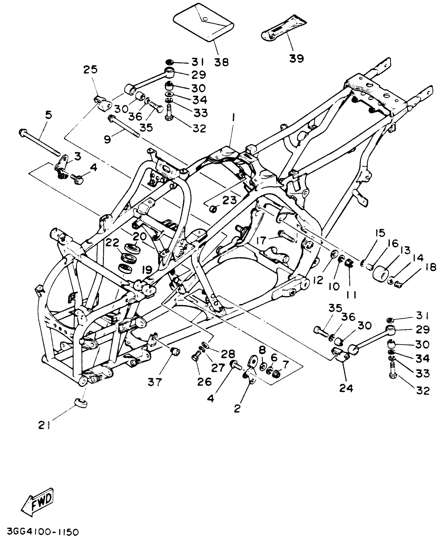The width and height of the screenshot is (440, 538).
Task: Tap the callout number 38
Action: tap(222, 62)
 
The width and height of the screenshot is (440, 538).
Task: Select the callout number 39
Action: tap(297, 58)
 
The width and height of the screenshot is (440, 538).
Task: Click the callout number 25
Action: tap(91, 70)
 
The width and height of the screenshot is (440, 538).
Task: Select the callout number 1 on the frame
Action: tap(233, 119)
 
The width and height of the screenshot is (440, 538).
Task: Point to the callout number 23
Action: tap(229, 200)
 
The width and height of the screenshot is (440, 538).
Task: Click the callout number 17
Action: tap(261, 241)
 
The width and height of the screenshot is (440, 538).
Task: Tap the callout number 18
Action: tap(430, 268)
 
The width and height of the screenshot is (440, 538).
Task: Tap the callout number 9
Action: tap(107, 139)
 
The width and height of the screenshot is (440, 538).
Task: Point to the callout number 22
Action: tap(112, 243)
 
